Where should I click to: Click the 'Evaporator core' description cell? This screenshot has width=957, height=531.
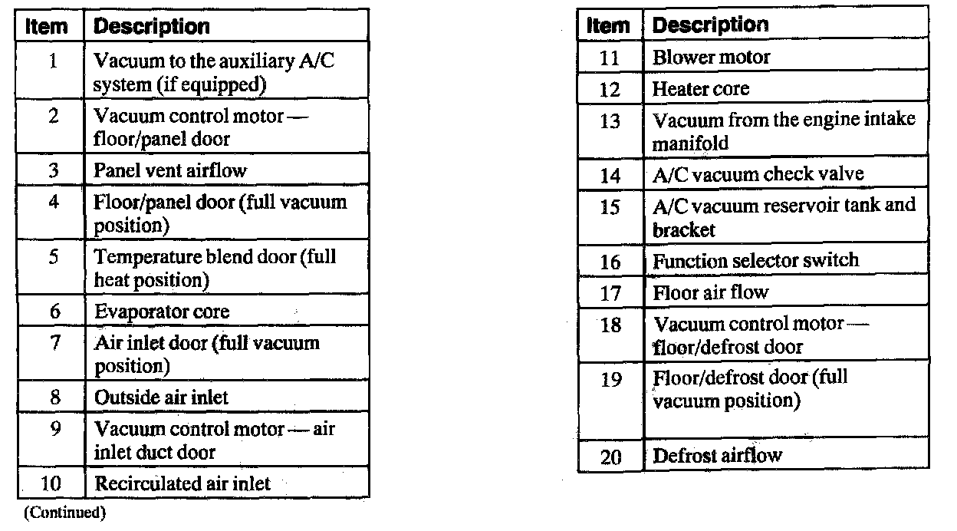161,312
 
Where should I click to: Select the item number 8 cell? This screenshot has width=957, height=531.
54,397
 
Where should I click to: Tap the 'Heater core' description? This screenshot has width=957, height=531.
700,89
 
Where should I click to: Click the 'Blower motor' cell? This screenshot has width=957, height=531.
711,57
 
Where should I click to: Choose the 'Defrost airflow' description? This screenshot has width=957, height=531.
716,456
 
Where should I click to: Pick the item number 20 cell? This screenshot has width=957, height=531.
611,457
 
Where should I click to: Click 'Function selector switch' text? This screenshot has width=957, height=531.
755,260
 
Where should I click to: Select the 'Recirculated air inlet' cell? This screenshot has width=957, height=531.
182,483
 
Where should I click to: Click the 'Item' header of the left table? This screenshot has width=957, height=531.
47,27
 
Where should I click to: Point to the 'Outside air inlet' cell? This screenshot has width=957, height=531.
161,397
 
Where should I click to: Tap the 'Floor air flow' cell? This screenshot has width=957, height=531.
709,292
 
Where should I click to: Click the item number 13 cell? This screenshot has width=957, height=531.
610,121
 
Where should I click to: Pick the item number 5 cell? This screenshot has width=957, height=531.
54,257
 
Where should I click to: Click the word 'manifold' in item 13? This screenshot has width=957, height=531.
690,143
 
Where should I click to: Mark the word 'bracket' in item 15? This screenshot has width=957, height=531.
683,229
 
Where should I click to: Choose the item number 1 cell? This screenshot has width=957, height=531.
54,61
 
